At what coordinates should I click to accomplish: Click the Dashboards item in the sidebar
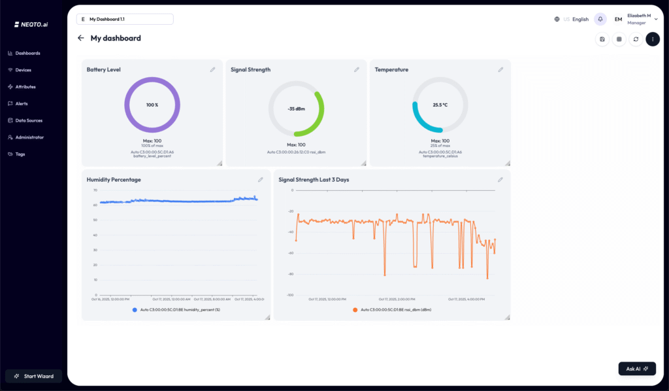click(x=27, y=53)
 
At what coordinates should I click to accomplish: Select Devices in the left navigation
click(x=23, y=70)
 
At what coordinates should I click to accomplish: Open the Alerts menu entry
click(x=21, y=103)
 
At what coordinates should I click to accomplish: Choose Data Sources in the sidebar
click(x=28, y=120)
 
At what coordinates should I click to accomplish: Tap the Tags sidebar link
click(x=20, y=154)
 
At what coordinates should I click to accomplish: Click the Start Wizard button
click(x=34, y=376)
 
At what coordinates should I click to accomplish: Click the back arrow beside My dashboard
click(x=81, y=38)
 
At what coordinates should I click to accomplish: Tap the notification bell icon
click(x=600, y=19)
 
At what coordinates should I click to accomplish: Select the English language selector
click(x=579, y=20)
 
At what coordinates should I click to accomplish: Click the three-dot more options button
click(x=653, y=39)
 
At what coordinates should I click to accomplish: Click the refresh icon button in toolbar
click(x=636, y=39)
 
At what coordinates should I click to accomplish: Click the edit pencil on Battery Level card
click(x=212, y=69)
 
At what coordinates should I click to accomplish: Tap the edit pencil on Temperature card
click(x=500, y=69)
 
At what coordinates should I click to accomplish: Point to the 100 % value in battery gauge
click(x=152, y=105)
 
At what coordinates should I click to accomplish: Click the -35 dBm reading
click(x=296, y=109)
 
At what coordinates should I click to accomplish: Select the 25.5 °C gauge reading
click(x=440, y=105)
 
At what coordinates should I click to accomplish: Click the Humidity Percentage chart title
click(x=114, y=179)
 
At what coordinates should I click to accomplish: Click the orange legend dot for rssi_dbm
click(x=355, y=309)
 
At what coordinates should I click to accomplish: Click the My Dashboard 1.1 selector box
click(x=125, y=19)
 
